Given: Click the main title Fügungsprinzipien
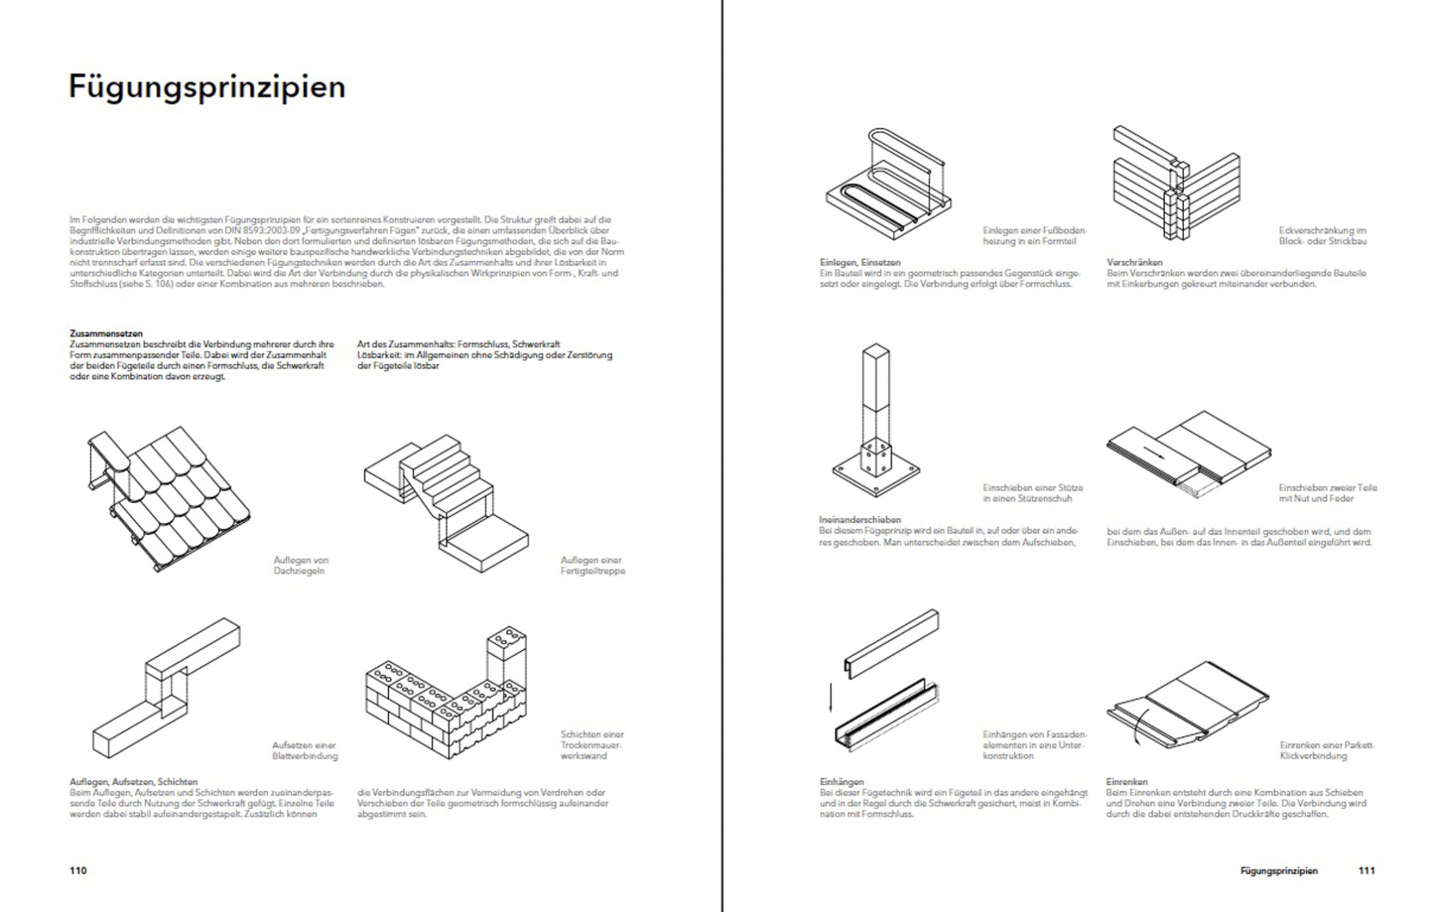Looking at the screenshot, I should coord(207,87).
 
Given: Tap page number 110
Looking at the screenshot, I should coord(78,870).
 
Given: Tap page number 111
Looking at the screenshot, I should coord(1366,870).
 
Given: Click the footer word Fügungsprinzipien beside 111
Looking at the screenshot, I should coord(1278,871).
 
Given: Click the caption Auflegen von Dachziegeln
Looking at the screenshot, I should coord(301,565).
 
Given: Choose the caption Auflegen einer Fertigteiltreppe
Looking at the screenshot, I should coord(592,565).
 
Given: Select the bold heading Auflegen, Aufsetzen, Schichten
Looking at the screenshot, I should coord(133,781).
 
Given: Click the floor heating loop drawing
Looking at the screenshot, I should coord(888,179).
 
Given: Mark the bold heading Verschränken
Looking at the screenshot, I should coord(1134,262).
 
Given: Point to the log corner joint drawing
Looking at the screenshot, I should coord(1174,190).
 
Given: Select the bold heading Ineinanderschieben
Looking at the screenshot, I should coord(859,520).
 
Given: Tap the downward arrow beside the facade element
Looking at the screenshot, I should coord(830,698).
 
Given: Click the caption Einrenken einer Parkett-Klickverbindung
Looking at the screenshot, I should coord(1326,751).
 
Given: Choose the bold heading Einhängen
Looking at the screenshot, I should coord(841,781).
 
